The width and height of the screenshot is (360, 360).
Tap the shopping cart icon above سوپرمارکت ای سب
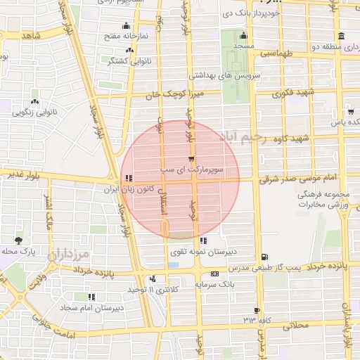[x=192, y=160]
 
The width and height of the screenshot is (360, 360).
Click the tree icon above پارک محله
[x=18, y=240]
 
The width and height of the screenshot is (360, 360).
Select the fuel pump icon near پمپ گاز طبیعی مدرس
[x=264, y=257]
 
